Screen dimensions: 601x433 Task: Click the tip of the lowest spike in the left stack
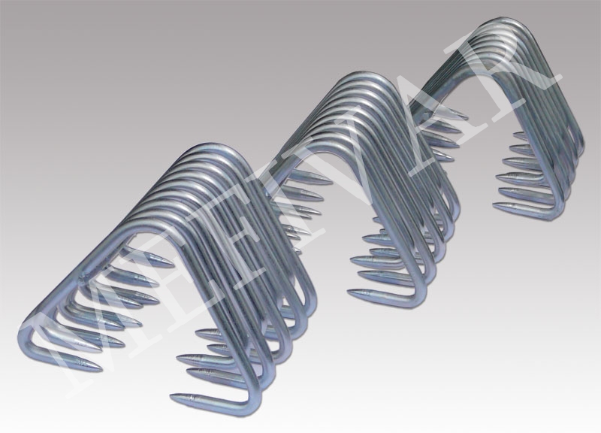tap(171, 396)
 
